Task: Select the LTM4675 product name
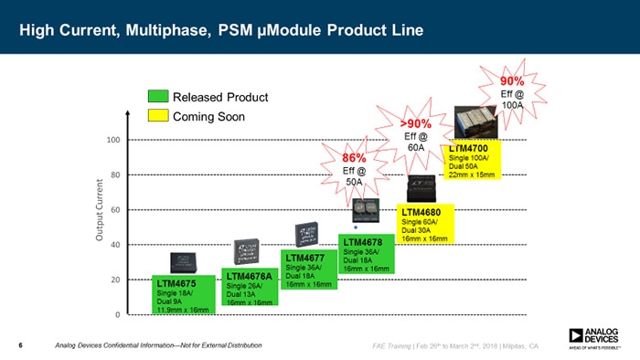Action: (176, 284)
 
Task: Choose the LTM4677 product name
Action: (305, 258)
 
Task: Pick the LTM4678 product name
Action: (363, 242)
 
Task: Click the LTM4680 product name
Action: (423, 212)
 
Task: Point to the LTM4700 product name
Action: (472, 148)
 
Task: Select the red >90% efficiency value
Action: (416, 123)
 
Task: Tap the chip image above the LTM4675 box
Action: (183, 260)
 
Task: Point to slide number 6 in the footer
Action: (20, 345)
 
